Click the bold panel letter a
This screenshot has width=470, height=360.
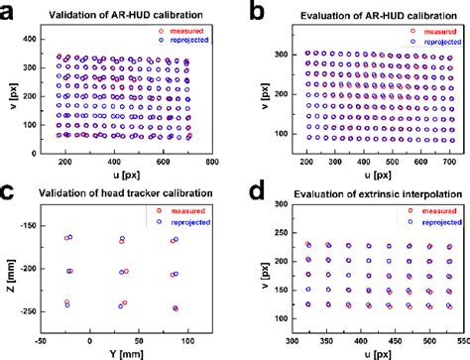click(x=8, y=10)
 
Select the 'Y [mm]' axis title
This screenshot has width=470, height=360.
click(x=129, y=352)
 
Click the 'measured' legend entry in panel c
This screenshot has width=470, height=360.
click(x=183, y=208)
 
